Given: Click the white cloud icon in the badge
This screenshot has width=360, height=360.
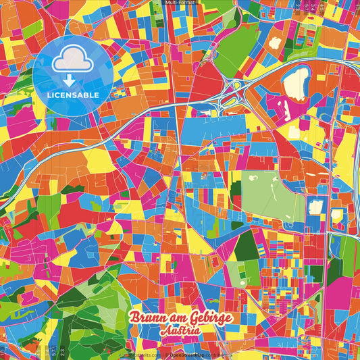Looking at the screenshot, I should click(73, 59).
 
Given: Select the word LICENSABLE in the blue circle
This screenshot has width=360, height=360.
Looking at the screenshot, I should click(73, 95).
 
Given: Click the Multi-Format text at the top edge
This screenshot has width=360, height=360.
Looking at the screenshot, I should click(180, 3).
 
